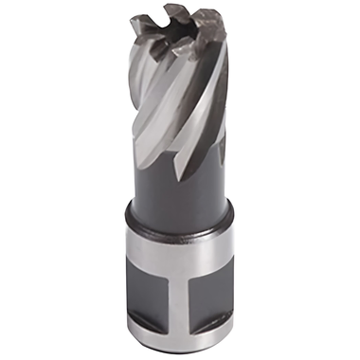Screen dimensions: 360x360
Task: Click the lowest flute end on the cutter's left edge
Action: coord(142,142)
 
